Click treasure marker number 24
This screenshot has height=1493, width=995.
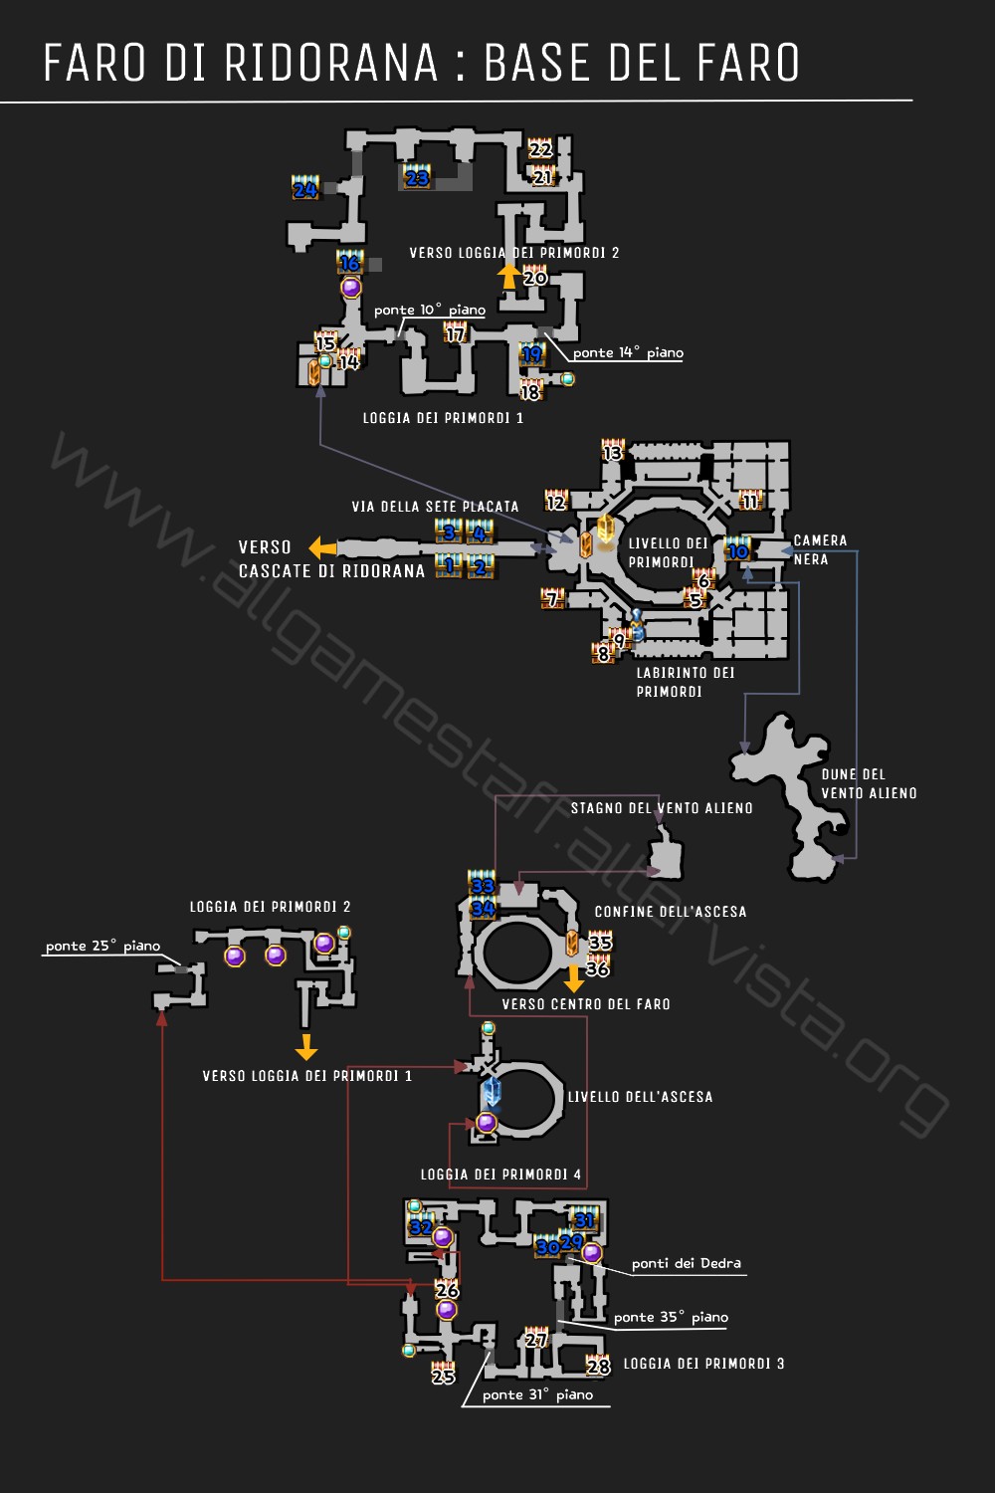click(x=304, y=188)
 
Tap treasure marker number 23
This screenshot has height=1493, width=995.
click(x=417, y=177)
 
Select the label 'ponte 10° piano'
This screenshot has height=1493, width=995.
click(x=430, y=311)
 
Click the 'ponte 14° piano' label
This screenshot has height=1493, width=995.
click(x=628, y=352)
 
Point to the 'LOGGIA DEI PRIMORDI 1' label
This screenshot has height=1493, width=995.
click(x=443, y=418)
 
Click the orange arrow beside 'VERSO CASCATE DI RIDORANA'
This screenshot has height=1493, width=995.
click(x=322, y=547)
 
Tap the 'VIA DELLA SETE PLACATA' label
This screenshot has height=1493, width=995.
click(x=435, y=507)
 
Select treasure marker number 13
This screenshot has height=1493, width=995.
click(x=612, y=452)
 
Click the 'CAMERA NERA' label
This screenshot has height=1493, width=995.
click(x=820, y=549)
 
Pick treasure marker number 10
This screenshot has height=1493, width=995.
click(x=737, y=550)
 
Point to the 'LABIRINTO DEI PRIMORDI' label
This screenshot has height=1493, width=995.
click(x=685, y=682)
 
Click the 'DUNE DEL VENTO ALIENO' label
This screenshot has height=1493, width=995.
click(x=869, y=783)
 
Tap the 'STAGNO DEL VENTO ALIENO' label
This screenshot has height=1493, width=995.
click(x=662, y=808)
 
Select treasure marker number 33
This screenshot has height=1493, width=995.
click(x=483, y=884)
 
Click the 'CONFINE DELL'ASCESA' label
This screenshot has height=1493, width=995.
click(x=671, y=912)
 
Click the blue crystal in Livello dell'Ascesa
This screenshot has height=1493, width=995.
click(x=492, y=1092)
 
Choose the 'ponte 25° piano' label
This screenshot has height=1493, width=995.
click(x=102, y=946)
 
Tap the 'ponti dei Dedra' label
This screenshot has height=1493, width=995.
click(x=686, y=1263)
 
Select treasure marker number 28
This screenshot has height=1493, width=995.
click(x=598, y=1365)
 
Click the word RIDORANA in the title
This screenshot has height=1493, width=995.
click(x=331, y=63)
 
